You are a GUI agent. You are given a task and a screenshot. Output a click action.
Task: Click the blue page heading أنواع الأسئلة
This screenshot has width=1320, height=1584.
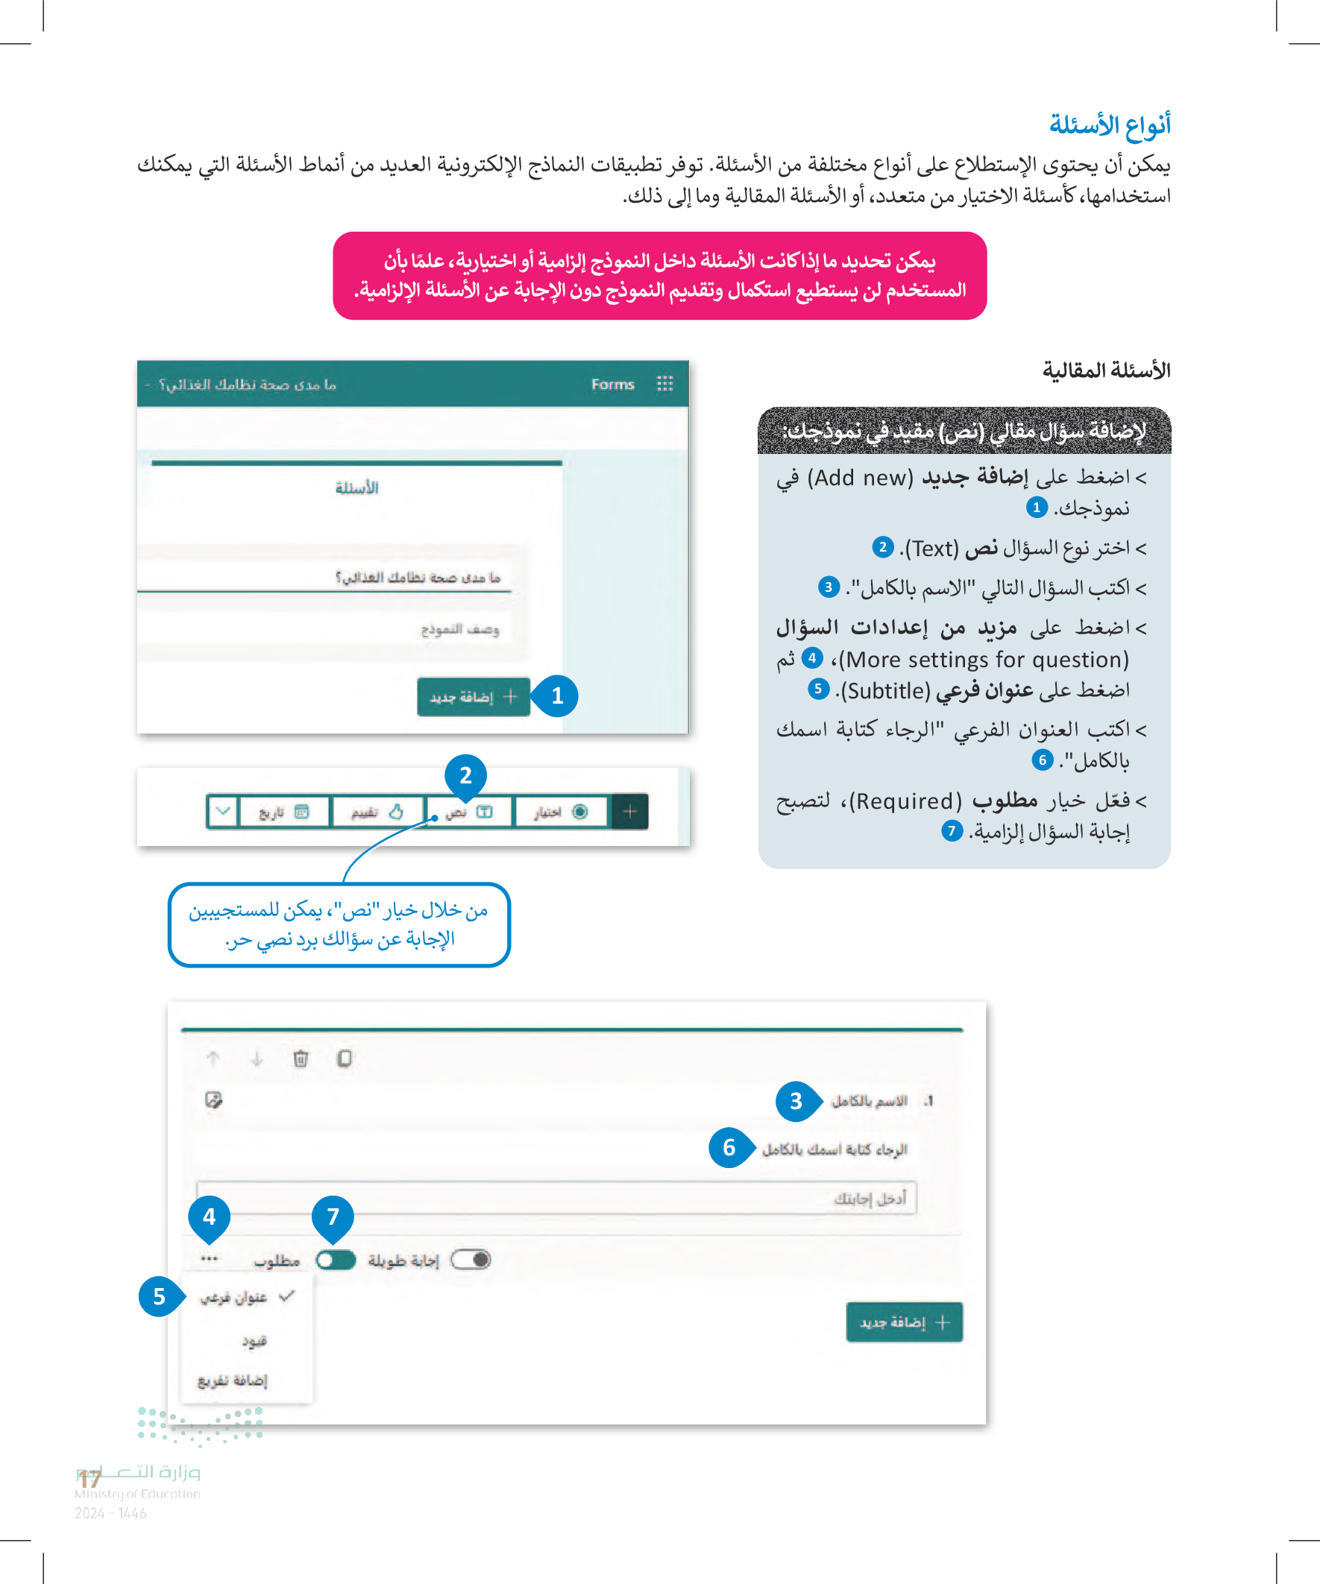(1109, 124)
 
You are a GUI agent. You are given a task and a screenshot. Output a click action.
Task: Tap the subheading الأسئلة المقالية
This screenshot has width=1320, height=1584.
(1106, 370)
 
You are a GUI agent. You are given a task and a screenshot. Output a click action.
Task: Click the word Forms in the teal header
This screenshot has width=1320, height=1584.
(612, 384)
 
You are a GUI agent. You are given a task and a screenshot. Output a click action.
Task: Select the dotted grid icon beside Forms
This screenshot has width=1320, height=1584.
(664, 384)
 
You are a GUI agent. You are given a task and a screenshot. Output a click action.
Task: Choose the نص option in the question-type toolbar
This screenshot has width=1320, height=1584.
(468, 812)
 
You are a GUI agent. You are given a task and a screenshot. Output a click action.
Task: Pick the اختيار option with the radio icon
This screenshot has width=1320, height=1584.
(560, 812)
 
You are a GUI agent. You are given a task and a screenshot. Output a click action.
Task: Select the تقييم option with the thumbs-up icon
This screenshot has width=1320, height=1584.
(376, 812)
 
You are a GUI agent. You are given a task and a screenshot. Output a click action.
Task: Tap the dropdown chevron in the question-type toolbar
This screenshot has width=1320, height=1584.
(223, 812)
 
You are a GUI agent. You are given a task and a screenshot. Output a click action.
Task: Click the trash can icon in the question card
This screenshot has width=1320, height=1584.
(301, 1059)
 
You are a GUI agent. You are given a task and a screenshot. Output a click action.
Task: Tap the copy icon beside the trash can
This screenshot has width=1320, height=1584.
(344, 1059)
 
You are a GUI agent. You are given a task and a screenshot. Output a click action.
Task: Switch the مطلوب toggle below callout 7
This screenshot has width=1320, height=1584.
(336, 1260)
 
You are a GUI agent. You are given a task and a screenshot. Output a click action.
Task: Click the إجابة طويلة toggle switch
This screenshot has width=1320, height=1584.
(471, 1260)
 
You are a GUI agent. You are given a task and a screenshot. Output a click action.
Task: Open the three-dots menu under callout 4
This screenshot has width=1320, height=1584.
(210, 1258)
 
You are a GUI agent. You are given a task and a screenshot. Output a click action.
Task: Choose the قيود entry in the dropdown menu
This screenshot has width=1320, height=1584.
(254, 1341)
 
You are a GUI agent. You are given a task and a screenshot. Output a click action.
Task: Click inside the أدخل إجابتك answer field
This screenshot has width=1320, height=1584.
(556, 1198)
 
